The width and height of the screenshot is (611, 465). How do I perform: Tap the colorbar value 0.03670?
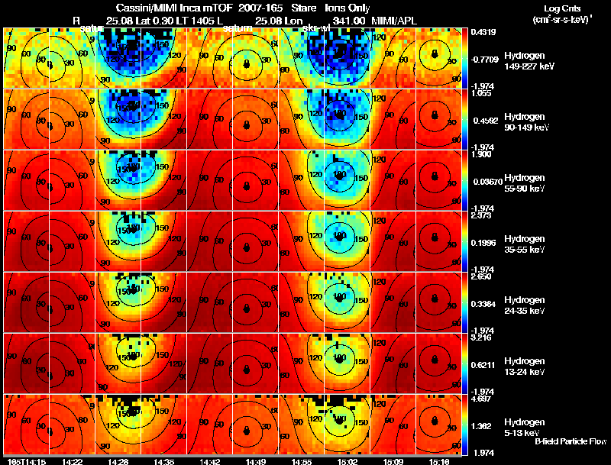point(486,182)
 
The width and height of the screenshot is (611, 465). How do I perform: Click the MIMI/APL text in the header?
point(396,19)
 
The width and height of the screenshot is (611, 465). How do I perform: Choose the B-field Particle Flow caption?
point(571,441)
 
